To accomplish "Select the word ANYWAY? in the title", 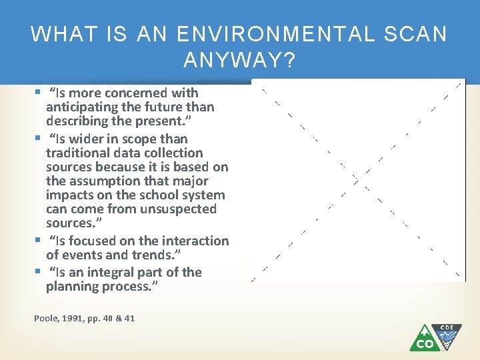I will click(x=239, y=61).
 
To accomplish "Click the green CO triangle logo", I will click(x=424, y=340).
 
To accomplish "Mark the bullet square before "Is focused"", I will click(x=37, y=241).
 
